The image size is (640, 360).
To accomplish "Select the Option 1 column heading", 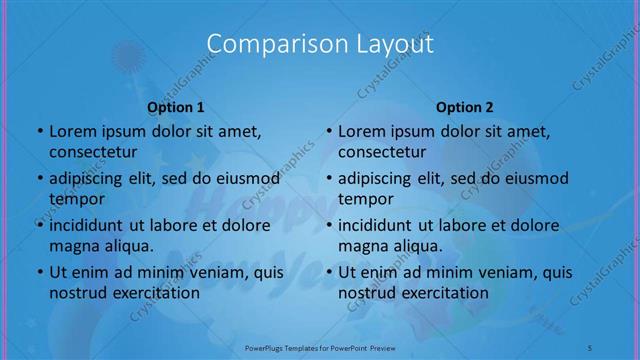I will (x=176, y=107).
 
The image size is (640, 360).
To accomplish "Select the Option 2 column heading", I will (x=465, y=107).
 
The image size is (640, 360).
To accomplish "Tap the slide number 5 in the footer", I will (x=590, y=347).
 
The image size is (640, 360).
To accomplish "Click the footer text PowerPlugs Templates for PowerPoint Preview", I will (x=320, y=347).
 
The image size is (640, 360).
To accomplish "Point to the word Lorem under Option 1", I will (x=72, y=131).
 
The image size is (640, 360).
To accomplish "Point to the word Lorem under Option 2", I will (x=361, y=131).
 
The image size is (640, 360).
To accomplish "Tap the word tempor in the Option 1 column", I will (x=76, y=199).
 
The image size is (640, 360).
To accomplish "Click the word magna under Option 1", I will (x=73, y=246).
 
